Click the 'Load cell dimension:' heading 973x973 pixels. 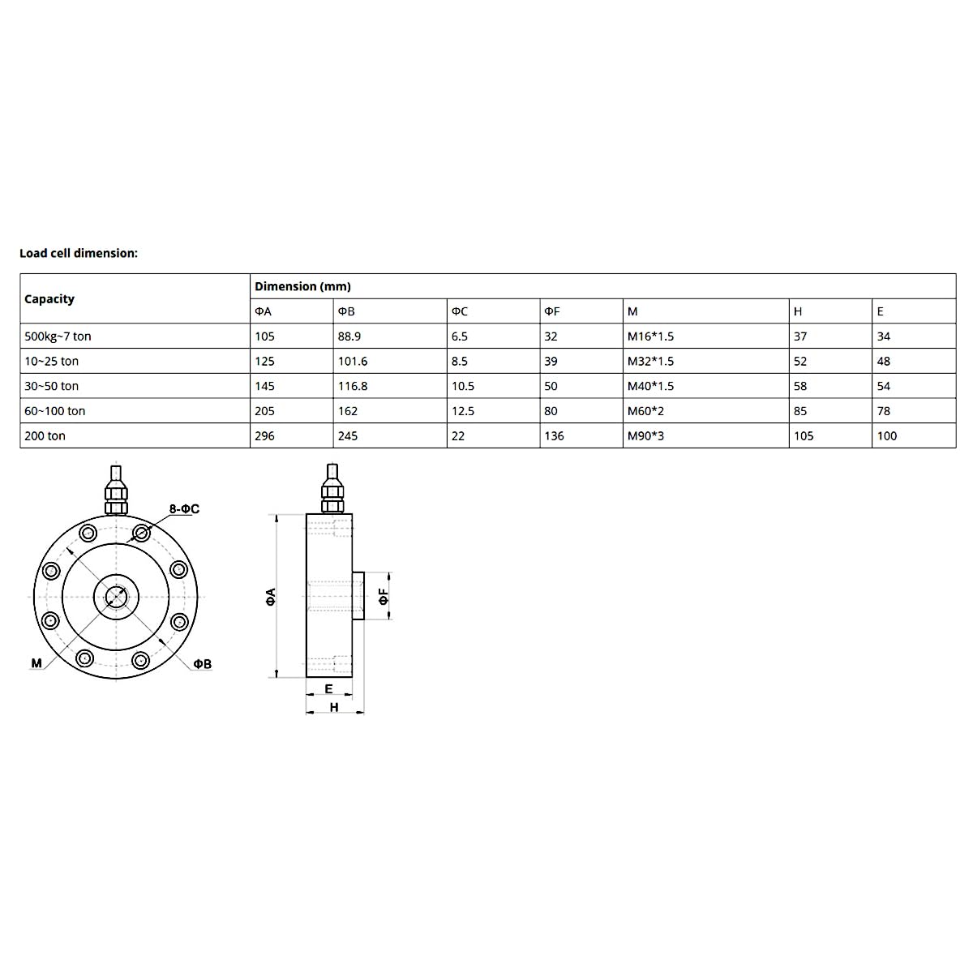coord(79,253)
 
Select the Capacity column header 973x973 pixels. coord(49,299)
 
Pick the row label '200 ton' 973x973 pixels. coord(45,436)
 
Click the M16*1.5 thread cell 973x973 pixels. coord(650,336)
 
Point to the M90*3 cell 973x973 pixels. coord(645,436)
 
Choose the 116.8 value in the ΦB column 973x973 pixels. coord(353,386)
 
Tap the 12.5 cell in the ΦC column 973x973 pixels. coord(463,411)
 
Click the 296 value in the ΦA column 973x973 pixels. coord(264,436)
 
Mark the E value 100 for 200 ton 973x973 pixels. coord(887,436)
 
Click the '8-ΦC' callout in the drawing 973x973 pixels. coord(184,509)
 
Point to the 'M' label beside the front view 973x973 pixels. coord(36,663)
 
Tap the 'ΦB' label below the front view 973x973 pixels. coord(202,664)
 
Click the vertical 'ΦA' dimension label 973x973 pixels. coord(271,597)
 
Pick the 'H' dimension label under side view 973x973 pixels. coord(334,707)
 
